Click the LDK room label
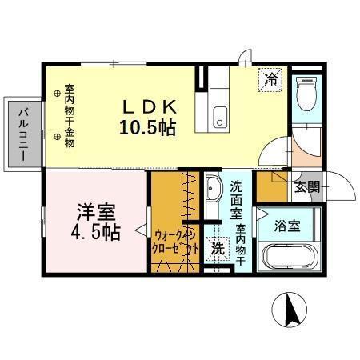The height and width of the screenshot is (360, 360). tap(150, 107)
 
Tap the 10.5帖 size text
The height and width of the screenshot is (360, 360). tap(147, 128)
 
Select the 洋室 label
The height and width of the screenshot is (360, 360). tap(96, 212)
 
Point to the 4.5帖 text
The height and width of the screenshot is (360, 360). tap(95, 232)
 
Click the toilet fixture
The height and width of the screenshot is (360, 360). tap(306, 94)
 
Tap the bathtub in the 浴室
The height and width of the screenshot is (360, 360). tap(290, 257)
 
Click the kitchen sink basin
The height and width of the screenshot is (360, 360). tap(220, 117)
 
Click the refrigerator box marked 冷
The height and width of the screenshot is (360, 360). tap(270, 80)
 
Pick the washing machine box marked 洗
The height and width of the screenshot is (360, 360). tap(218, 249)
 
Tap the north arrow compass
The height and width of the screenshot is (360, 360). tap(290, 310)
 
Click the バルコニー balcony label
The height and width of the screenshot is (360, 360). tap(23, 134)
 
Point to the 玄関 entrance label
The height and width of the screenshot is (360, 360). tap(306, 187)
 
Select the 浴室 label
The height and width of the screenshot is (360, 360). tap(287, 226)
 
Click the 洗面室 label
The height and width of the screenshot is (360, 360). tap(236, 200)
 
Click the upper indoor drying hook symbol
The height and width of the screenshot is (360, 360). tap(57, 94)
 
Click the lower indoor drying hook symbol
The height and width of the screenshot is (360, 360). tap(57, 137)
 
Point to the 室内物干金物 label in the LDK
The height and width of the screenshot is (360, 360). tap(70, 116)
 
